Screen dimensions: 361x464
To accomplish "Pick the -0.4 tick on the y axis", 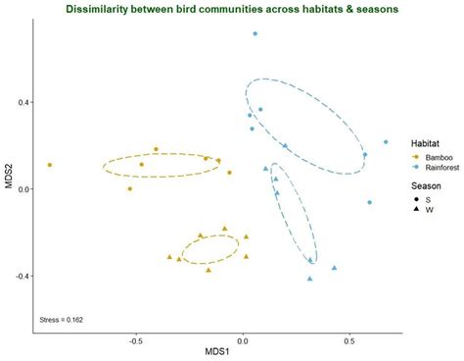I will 21,276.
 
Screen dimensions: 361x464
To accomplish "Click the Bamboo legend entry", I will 428,157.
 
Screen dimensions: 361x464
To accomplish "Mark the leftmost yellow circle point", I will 50,165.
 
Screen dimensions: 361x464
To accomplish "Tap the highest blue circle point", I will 255,33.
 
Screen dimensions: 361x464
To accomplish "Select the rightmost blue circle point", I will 386,142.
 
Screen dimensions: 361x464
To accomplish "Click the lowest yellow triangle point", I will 209,270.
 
